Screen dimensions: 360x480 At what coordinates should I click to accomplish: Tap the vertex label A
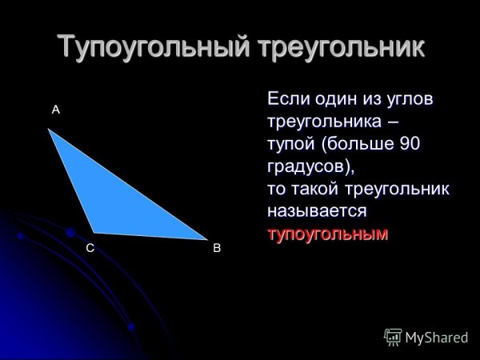click(56, 110)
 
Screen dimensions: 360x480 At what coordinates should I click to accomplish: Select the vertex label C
click(90, 249)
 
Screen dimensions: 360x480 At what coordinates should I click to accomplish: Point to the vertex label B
click(216, 249)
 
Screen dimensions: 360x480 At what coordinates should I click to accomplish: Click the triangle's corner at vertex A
click(50, 131)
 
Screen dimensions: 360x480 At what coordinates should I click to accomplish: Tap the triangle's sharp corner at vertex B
click(203, 238)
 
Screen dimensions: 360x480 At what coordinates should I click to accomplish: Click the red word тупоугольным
click(326, 235)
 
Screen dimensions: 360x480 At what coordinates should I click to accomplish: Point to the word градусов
click(307, 167)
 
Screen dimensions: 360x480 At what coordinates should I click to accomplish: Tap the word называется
click(317, 212)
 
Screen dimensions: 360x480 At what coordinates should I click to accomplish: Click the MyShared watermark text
click(436, 337)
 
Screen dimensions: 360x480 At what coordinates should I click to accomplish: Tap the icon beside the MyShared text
click(393, 336)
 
